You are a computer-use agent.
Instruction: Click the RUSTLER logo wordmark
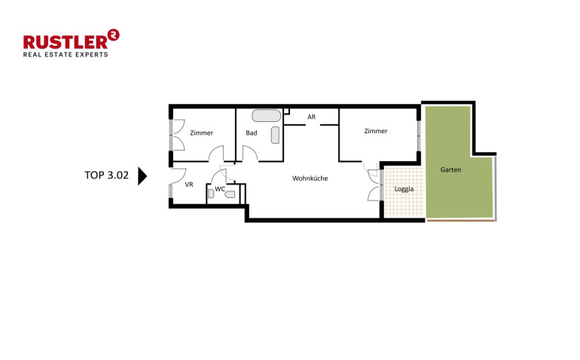66,42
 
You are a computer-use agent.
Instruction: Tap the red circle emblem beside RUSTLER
113,35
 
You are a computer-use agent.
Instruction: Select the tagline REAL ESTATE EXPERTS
66,55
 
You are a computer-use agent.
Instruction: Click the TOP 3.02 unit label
106,175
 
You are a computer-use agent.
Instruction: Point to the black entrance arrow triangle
142,175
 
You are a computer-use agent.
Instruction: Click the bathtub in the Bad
267,115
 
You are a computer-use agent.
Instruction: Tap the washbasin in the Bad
275,135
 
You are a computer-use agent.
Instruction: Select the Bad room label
252,133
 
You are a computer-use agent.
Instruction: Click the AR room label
311,117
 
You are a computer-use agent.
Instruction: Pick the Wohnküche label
310,178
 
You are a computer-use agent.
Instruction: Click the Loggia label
404,189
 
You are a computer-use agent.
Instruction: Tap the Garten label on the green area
450,169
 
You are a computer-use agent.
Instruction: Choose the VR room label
189,185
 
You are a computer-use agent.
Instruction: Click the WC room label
220,189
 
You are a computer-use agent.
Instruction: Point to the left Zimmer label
202,133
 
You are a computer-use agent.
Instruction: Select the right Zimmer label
376,131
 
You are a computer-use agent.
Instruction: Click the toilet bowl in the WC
230,194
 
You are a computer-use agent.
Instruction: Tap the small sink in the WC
210,194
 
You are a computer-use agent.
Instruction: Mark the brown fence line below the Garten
460,221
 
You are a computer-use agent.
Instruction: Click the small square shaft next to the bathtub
286,111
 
